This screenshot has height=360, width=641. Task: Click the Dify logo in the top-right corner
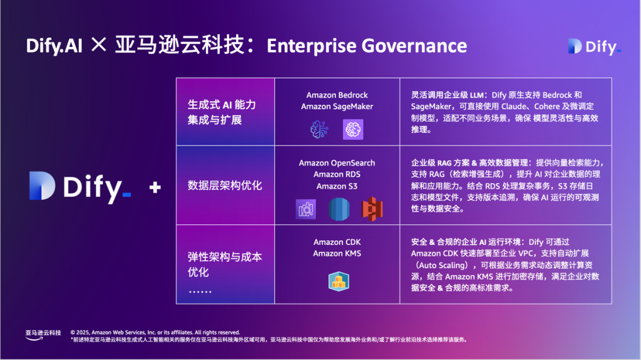point(594,47)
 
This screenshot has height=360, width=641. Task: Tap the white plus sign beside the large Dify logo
point(155,187)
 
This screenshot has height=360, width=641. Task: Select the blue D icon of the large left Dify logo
point(42,186)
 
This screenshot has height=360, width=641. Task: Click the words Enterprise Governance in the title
point(367,46)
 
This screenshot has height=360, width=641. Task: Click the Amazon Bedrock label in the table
point(337,95)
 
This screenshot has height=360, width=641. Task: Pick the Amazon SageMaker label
point(337,107)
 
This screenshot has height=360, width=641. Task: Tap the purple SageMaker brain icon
point(353,129)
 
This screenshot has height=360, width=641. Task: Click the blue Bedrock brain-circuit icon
point(319,129)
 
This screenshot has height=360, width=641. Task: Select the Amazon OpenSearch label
point(337,163)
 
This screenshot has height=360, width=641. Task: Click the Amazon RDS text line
point(337,174)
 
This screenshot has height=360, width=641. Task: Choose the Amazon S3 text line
point(337,186)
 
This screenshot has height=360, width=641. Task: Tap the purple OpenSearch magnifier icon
point(306,209)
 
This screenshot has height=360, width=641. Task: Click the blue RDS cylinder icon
point(339,209)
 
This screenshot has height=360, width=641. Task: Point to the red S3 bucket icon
point(372,209)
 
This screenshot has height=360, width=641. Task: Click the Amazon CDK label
point(337,243)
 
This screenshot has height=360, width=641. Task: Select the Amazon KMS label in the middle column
point(337,254)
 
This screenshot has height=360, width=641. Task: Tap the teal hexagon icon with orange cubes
point(338,282)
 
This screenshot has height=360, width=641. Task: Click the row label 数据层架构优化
point(224,186)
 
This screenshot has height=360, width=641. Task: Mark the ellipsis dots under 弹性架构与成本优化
point(200,292)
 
